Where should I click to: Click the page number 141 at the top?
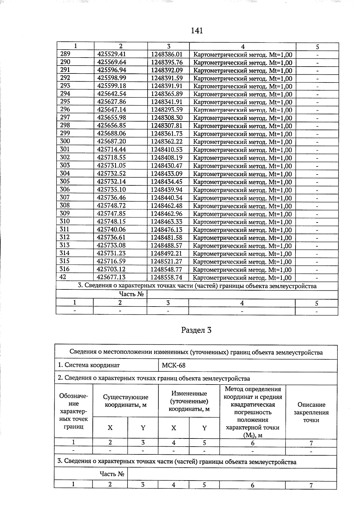coord(197,31)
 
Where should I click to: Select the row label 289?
coord(65,54)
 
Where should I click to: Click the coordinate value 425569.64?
coord(112,62)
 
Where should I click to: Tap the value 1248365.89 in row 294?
coord(166,94)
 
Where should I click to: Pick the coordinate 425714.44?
coord(112,149)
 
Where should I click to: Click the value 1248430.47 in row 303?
coord(166,165)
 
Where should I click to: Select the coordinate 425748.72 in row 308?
coord(111,205)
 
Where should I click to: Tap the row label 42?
coord(63,277)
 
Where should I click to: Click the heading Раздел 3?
coord(196,330)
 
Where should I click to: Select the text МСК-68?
coord(174,365)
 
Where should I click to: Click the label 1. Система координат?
coord(89,365)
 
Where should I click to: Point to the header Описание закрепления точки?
coord(311,412)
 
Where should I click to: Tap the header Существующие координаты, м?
coord(125,401)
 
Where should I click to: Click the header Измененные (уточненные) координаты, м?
coord(189,401)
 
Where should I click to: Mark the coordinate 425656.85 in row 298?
coord(112,125)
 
